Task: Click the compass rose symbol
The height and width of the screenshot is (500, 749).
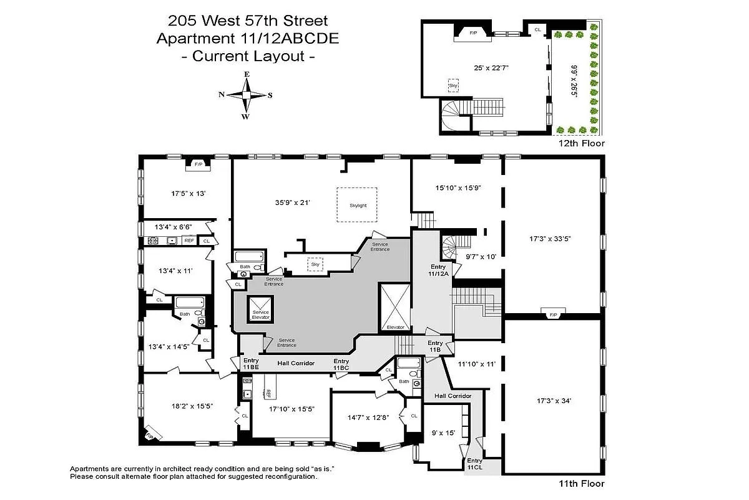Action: (247, 95)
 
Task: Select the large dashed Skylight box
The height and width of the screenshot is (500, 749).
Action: (358, 204)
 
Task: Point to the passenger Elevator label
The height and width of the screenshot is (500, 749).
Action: (395, 327)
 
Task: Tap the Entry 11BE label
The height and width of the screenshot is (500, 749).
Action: (251, 364)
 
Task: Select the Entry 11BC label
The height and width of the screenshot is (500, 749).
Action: (341, 364)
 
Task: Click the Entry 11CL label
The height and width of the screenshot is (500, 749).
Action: (475, 464)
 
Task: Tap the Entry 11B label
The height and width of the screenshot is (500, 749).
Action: (435, 346)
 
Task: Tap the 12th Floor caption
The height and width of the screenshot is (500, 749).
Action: (582, 143)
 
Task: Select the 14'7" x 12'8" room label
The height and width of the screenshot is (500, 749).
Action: (367, 418)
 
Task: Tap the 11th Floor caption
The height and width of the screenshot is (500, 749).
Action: (582, 483)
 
